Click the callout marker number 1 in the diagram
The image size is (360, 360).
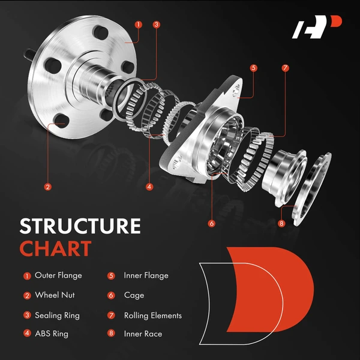pyautogui.click(x=139, y=25)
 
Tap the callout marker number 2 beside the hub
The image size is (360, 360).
pyautogui.click(x=47, y=187)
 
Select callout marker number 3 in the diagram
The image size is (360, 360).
pyautogui.click(x=157, y=25)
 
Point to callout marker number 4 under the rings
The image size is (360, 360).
pyautogui.click(x=148, y=187)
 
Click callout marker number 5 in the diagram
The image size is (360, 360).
pyautogui.click(x=254, y=68)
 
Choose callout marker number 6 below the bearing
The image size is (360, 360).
pyautogui.click(x=211, y=224)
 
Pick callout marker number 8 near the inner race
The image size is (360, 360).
pyautogui.click(x=282, y=224)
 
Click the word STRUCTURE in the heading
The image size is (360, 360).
pyautogui.click(x=80, y=226)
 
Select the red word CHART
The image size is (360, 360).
pyautogui.click(x=55, y=248)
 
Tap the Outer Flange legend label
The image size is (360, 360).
pyautogui.click(x=58, y=276)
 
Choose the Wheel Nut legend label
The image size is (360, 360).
pyautogui.click(x=55, y=295)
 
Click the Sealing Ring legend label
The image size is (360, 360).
pyautogui.click(x=57, y=315)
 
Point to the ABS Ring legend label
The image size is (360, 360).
pyautogui.click(x=52, y=334)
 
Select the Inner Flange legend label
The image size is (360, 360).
pyautogui.click(x=146, y=276)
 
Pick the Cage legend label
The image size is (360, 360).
pyautogui.click(x=134, y=295)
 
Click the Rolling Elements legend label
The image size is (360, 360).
pyautogui.click(x=152, y=315)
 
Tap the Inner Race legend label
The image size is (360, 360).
pyautogui.click(x=143, y=334)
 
